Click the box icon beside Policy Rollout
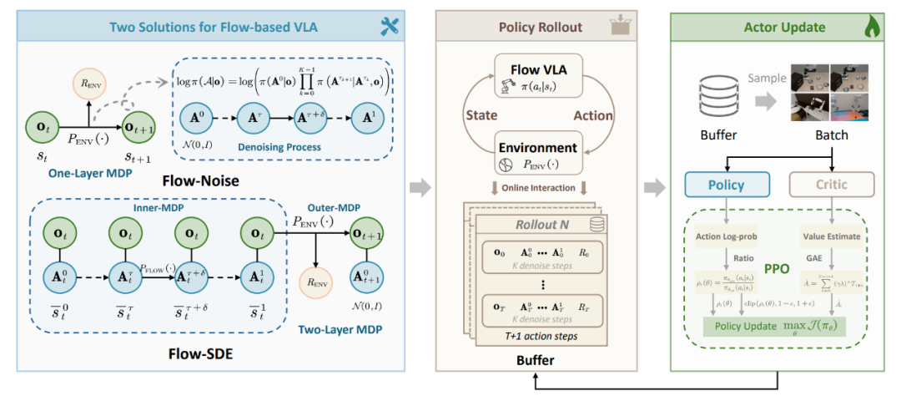619,24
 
